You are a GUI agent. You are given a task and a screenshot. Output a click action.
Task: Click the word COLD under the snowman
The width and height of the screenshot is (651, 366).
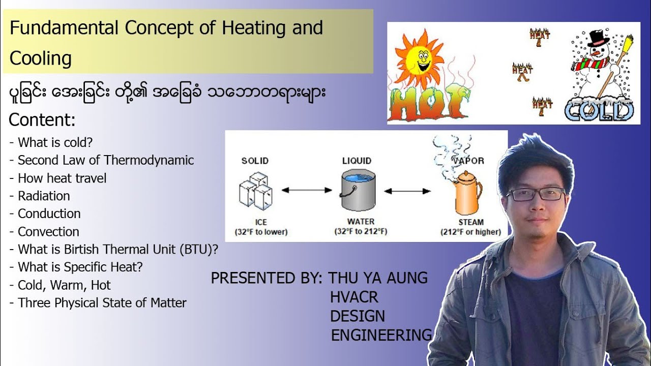click(599, 110)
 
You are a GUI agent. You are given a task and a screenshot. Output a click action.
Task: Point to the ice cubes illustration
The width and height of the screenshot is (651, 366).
click(255, 193)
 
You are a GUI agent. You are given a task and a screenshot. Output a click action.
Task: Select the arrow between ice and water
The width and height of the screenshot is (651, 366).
click(306, 191)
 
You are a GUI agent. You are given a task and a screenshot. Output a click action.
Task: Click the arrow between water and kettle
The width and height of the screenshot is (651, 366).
click(407, 192)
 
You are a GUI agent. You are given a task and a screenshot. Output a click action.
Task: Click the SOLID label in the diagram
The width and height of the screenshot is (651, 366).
click(255, 161)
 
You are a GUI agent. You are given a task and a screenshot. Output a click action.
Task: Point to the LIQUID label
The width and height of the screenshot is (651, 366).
click(357, 161)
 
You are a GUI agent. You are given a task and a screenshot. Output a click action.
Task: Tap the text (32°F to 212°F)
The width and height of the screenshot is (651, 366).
click(361, 232)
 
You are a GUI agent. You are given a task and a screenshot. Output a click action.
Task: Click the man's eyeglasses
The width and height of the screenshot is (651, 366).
click(535, 194)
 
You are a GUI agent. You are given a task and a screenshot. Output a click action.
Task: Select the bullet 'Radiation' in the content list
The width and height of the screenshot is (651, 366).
click(44, 196)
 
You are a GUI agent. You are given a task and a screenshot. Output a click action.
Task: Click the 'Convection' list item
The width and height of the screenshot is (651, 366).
click(48, 232)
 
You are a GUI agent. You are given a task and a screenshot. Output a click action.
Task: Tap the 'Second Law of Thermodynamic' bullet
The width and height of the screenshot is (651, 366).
click(106, 160)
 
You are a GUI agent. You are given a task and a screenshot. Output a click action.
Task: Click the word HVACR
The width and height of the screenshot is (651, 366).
click(354, 297)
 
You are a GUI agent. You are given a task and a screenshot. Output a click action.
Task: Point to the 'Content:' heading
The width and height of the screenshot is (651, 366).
click(42, 120)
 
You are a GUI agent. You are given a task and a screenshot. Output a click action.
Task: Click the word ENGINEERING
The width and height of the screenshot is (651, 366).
click(381, 335)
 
